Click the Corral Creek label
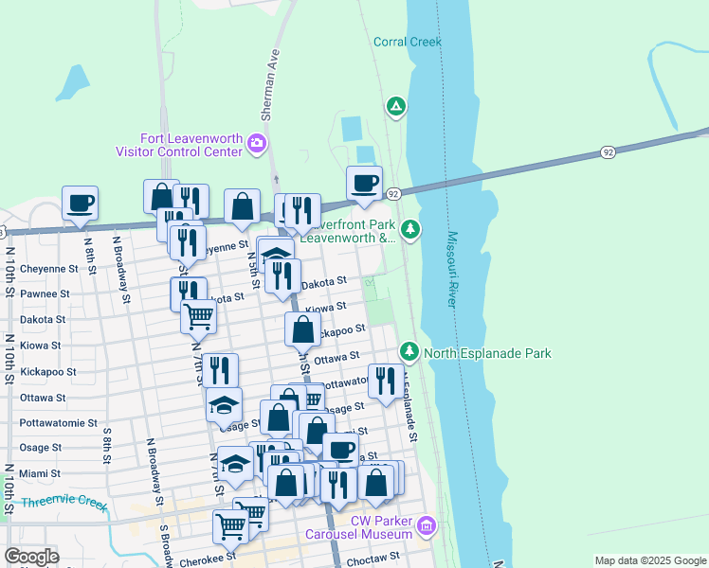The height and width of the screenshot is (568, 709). coord(408,42)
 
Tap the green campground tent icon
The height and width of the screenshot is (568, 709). coord(396,106)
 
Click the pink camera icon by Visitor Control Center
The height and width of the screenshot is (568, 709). coord(256,144)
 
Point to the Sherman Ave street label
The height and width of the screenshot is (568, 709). coord(269,85)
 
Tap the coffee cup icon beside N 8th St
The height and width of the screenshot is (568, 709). coord(80,202)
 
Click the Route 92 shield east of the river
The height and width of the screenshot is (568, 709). coord(608,151)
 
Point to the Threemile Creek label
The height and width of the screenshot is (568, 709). coord(64,503)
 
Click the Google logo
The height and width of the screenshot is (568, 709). coord(32,557)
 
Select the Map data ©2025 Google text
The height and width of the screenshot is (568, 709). coord(649,560)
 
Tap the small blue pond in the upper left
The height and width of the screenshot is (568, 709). coord(72,83)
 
